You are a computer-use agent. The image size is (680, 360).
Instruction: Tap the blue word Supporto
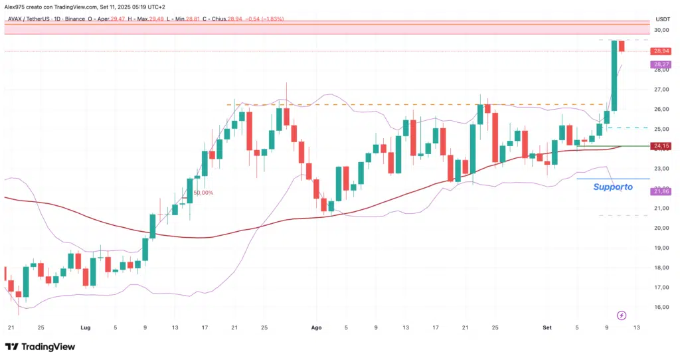click(x=613, y=187)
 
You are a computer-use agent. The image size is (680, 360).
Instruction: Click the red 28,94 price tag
click(x=661, y=51)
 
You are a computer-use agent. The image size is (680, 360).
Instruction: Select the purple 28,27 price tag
click(x=661, y=64)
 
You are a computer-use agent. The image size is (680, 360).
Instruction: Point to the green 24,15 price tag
click(x=661, y=146)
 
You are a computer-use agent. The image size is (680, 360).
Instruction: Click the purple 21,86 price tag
click(x=661, y=191)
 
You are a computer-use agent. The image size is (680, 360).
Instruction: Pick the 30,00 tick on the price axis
click(x=661, y=30)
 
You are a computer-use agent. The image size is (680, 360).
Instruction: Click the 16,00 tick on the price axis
click(x=661, y=307)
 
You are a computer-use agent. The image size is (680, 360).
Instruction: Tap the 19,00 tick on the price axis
click(x=661, y=248)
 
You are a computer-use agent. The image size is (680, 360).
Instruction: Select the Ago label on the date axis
click(x=317, y=327)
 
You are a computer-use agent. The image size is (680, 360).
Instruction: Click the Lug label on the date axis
click(x=85, y=327)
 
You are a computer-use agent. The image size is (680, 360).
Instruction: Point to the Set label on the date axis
click(x=547, y=327)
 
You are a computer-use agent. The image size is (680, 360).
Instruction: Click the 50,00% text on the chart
click(x=204, y=193)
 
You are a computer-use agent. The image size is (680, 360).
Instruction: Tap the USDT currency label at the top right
click(x=662, y=19)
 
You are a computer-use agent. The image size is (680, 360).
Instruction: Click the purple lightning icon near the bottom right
click(x=622, y=315)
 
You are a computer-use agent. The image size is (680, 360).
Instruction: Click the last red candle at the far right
click(x=622, y=46)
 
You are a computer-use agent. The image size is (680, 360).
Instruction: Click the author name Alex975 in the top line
click(x=16, y=6)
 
